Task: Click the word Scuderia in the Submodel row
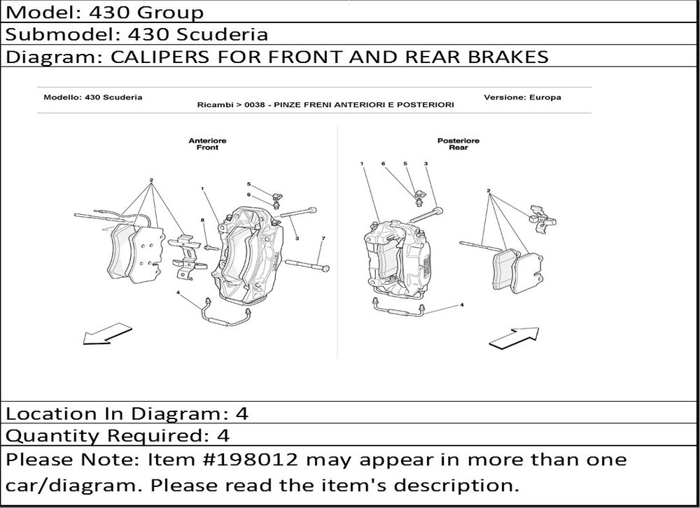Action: tap(220, 34)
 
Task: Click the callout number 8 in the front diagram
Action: tap(202, 220)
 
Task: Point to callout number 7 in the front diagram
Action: tap(323, 239)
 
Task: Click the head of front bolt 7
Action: tap(325, 268)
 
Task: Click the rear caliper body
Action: tap(398, 259)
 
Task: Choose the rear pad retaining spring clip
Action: tap(542, 220)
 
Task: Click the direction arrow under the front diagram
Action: tap(107, 334)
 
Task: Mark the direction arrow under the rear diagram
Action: tap(514, 337)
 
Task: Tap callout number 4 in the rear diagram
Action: tap(461, 305)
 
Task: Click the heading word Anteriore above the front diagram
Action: tap(208, 141)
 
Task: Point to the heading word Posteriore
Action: tap(458, 141)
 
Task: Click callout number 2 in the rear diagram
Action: tap(489, 191)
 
